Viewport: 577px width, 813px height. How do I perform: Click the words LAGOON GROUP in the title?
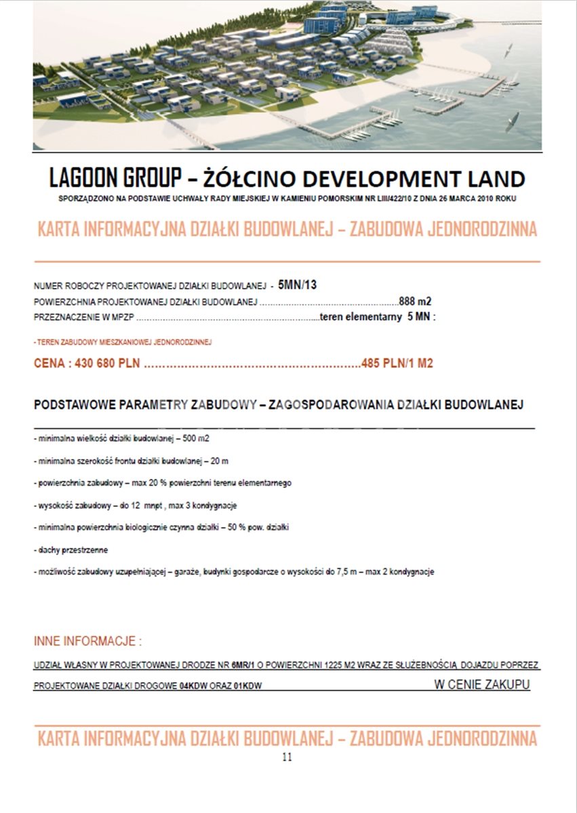click(114, 178)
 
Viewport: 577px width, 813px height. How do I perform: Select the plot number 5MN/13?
click(297, 285)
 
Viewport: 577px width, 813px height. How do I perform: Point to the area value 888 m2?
click(415, 301)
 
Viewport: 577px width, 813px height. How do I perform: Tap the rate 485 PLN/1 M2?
click(398, 363)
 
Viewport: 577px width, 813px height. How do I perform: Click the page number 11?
click(287, 757)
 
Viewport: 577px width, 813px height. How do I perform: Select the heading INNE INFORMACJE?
click(87, 641)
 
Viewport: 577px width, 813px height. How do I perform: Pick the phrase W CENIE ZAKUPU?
click(481, 684)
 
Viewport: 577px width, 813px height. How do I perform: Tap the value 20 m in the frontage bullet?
click(220, 461)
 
